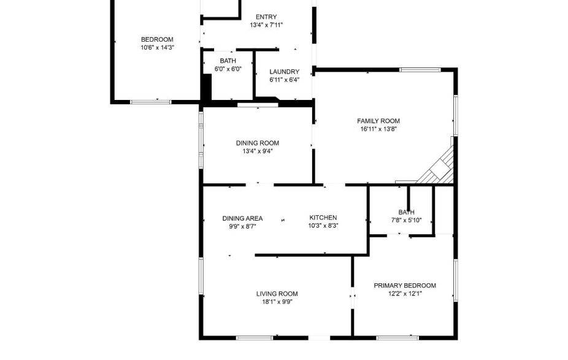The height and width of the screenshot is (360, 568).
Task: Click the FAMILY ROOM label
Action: pyautogui.click(x=378, y=121)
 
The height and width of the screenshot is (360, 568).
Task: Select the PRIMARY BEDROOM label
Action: pyautogui.click(x=405, y=285)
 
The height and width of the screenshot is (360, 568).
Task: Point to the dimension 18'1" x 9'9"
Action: pyautogui.click(x=277, y=301)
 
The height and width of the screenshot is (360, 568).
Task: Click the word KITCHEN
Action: pyautogui.click(x=323, y=218)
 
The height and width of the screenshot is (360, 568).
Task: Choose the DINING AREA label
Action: pyautogui.click(x=242, y=218)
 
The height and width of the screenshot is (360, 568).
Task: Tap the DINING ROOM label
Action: pyautogui.click(x=257, y=143)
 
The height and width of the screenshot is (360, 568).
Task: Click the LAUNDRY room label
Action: pyautogui.click(x=284, y=72)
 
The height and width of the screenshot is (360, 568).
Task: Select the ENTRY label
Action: pyautogui.click(x=266, y=17)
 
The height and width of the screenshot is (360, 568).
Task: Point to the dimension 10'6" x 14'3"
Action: pyautogui.click(x=158, y=47)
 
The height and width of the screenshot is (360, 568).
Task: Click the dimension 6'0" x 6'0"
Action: pyautogui.click(x=228, y=69)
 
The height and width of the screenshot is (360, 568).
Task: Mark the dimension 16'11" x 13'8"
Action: pyautogui.click(x=378, y=129)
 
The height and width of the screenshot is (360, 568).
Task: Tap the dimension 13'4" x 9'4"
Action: pyautogui.click(x=257, y=151)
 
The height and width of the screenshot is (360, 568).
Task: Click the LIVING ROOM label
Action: pyautogui.click(x=277, y=293)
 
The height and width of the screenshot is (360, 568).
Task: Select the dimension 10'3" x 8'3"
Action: pyautogui.click(x=323, y=226)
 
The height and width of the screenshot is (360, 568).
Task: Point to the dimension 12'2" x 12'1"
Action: pyautogui.click(x=405, y=293)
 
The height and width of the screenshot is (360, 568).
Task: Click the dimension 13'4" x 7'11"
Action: pyautogui.click(x=266, y=25)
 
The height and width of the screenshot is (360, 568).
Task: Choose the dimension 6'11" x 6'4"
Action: pyautogui.click(x=284, y=80)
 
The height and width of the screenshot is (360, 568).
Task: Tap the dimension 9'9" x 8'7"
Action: pyautogui.click(x=242, y=226)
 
